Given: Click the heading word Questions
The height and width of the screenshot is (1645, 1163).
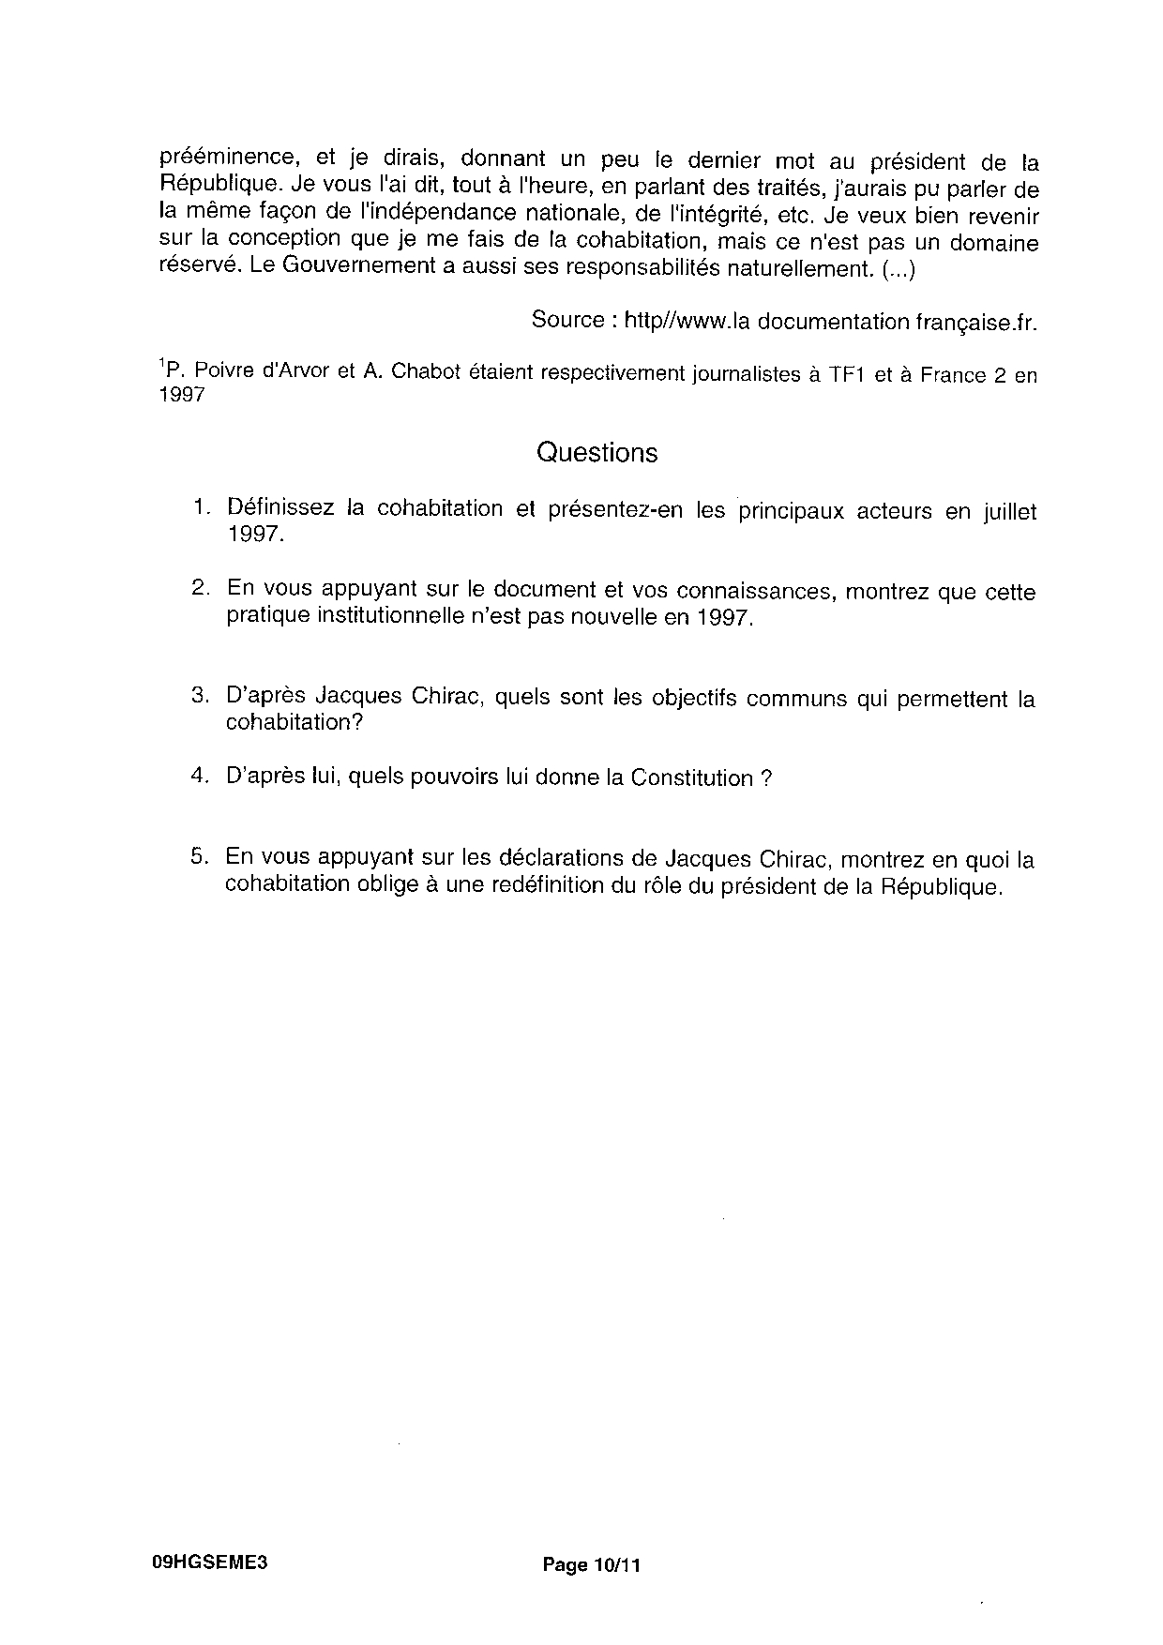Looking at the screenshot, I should [x=597, y=453].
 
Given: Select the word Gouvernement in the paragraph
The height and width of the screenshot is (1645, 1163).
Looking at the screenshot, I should [x=337, y=266].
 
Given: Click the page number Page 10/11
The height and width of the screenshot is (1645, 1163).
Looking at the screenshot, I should [x=592, y=1564].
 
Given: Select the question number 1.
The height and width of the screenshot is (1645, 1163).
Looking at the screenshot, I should [x=200, y=507].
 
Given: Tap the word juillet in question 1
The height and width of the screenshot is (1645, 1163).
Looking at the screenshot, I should [x=1009, y=512].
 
